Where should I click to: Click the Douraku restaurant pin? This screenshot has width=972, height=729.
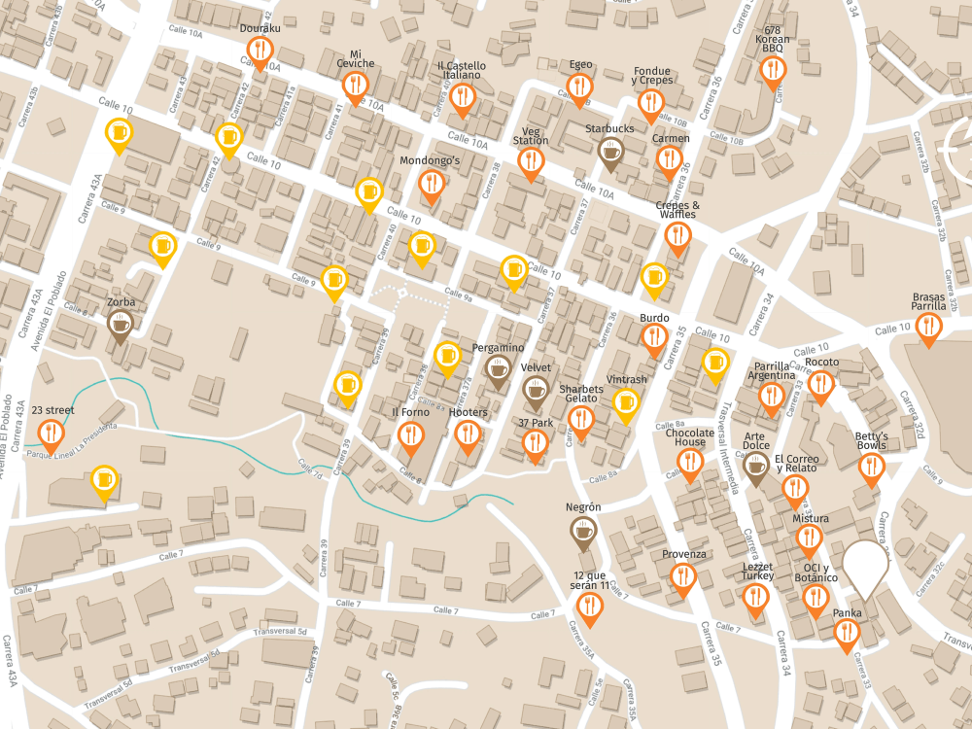point(260,51)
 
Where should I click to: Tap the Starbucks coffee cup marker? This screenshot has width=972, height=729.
point(610,151)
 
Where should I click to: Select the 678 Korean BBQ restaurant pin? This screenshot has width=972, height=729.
point(773,70)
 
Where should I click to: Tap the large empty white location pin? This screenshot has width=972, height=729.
point(865,566)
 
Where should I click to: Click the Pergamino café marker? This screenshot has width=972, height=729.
point(499,369)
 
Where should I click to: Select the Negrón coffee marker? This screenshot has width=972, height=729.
point(583,531)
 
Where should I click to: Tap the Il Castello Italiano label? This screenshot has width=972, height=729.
point(462,70)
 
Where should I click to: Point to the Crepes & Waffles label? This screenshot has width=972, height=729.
point(677,210)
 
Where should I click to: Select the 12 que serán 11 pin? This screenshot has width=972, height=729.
point(590,605)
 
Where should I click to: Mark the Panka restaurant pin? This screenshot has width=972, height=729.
point(848,634)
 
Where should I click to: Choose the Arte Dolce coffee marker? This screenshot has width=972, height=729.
point(756,466)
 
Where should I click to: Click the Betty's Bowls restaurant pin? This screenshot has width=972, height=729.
point(872,468)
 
